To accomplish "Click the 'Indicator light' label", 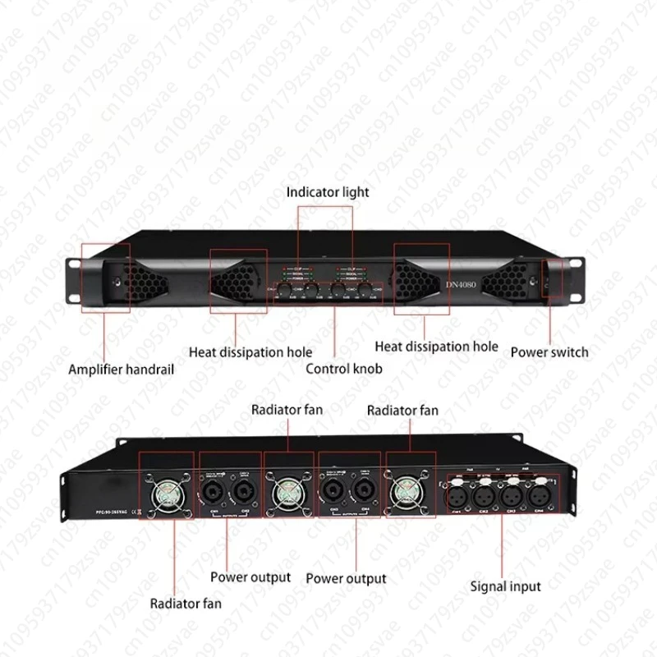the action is [328, 192].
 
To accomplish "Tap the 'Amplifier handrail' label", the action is [122, 370].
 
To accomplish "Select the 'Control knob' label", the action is [344, 369].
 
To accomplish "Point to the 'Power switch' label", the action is [549, 351].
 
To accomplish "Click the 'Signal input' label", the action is [505, 586].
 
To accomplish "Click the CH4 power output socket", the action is [360, 492].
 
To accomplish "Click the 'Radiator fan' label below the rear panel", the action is [185, 604].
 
